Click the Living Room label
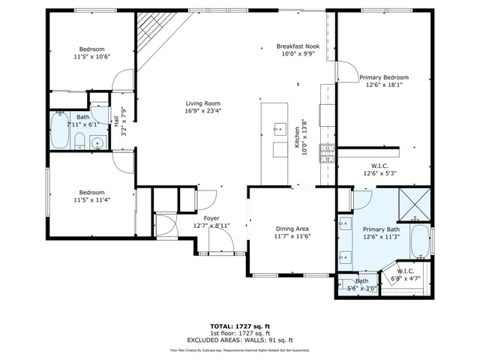click(203, 103)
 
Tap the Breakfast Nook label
click(298, 46)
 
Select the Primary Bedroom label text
click(383, 77)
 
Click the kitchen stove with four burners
click(326, 153)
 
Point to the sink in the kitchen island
click(279, 128)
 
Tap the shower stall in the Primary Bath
click(412, 203)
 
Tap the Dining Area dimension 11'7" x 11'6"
click(292, 238)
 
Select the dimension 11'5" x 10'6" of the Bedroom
click(91, 57)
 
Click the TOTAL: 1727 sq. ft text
click(239, 326)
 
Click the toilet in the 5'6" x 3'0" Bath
click(346, 286)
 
